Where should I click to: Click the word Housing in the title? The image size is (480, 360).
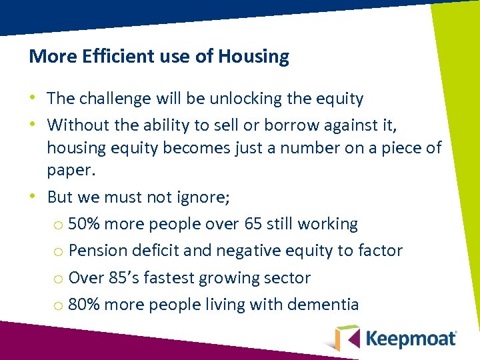[x=257, y=57]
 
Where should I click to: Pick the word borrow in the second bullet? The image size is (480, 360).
[x=292, y=125]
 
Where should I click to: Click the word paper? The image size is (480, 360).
[x=71, y=171]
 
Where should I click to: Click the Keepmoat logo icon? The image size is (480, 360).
[x=346, y=337]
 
